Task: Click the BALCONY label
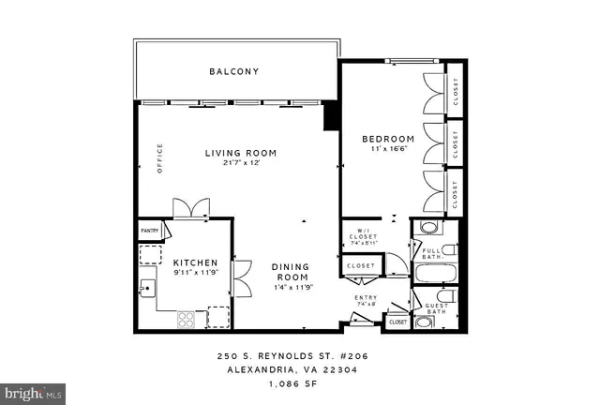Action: pyautogui.click(x=233, y=71)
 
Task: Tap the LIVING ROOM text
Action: pyautogui.click(x=241, y=152)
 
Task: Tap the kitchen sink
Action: pyautogui.click(x=147, y=288)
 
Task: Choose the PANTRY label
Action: pyautogui.click(x=149, y=230)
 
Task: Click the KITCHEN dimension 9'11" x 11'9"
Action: pyautogui.click(x=194, y=274)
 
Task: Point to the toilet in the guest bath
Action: pyautogui.click(x=447, y=298)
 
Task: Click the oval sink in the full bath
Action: pyautogui.click(x=427, y=228)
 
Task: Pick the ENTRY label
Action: pyautogui.click(x=365, y=298)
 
